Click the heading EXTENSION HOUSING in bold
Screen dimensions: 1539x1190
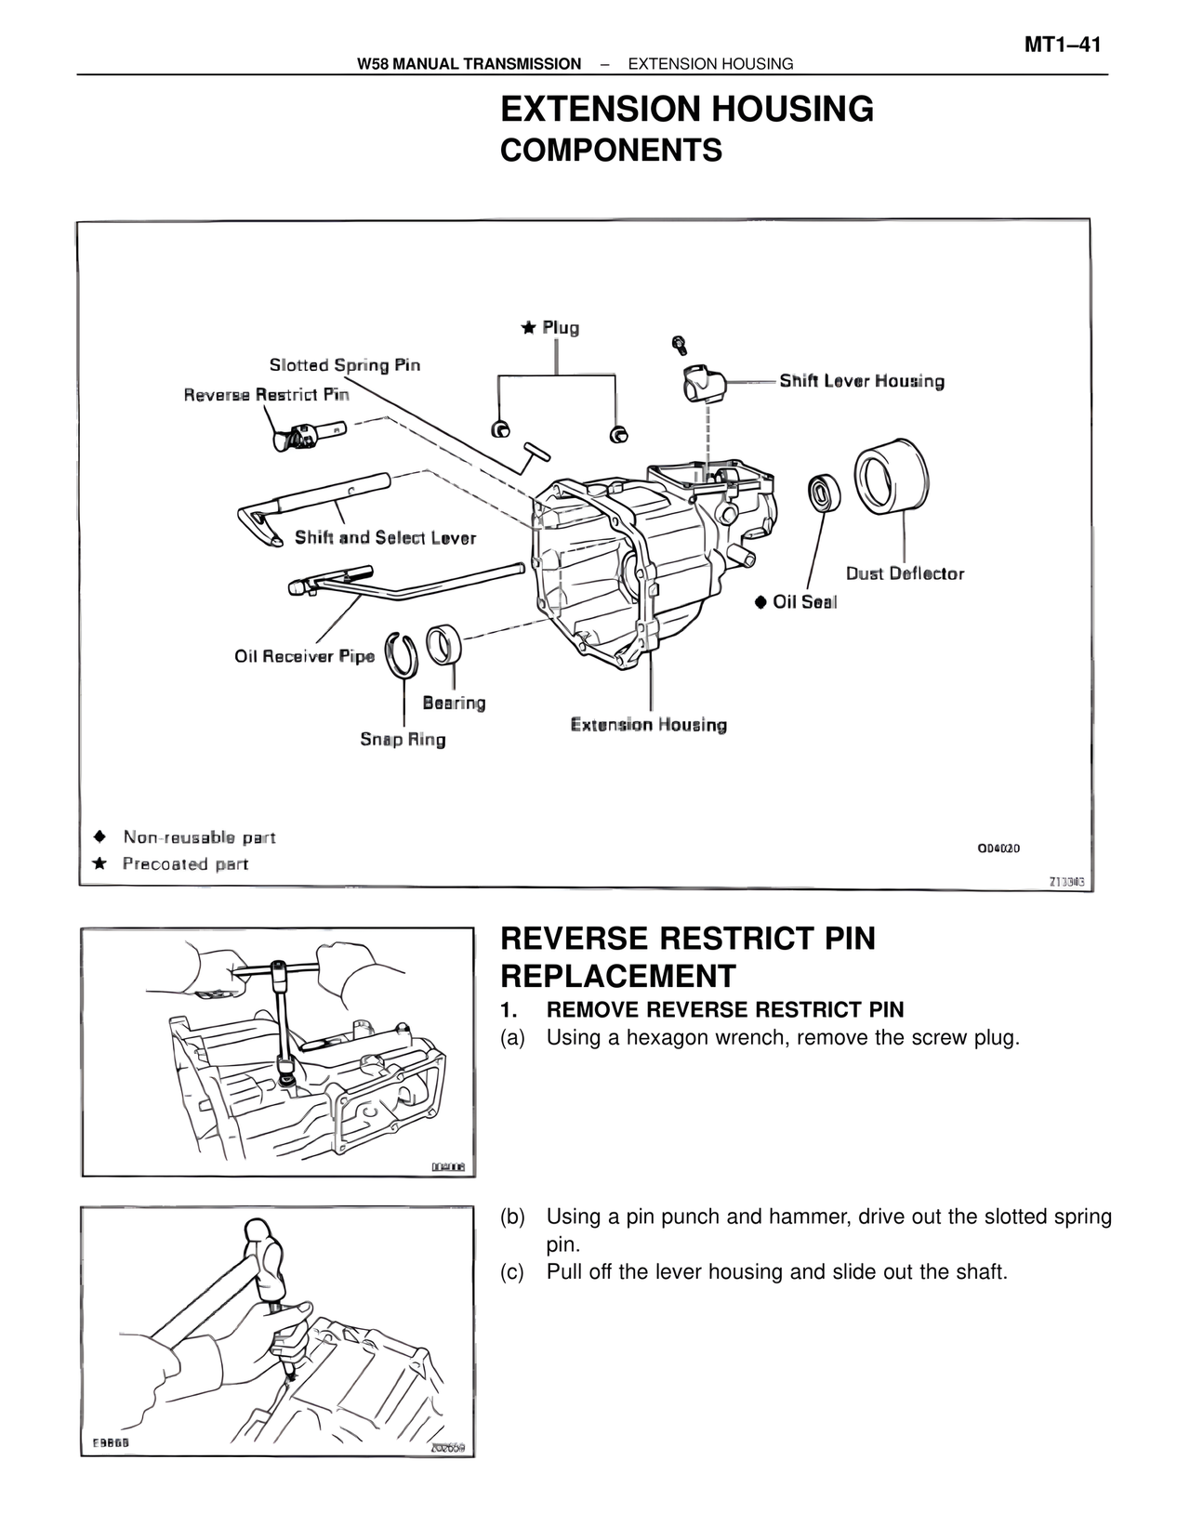point(686,110)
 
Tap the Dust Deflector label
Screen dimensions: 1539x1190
point(905,573)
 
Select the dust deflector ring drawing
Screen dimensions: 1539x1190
point(891,475)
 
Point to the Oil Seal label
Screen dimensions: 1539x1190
point(804,602)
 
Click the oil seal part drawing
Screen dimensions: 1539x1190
point(823,493)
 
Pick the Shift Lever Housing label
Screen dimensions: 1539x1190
point(861,381)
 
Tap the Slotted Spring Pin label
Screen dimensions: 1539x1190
point(344,365)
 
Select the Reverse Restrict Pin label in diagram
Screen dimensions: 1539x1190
point(266,395)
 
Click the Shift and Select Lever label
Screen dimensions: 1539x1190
point(385,537)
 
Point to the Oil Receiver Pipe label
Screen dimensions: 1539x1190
point(304,656)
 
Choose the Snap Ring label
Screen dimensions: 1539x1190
point(403,740)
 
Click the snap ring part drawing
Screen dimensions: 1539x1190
point(403,650)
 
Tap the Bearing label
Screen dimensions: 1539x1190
point(454,703)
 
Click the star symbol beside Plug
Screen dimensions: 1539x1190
point(528,327)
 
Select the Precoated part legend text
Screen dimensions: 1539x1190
point(185,864)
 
